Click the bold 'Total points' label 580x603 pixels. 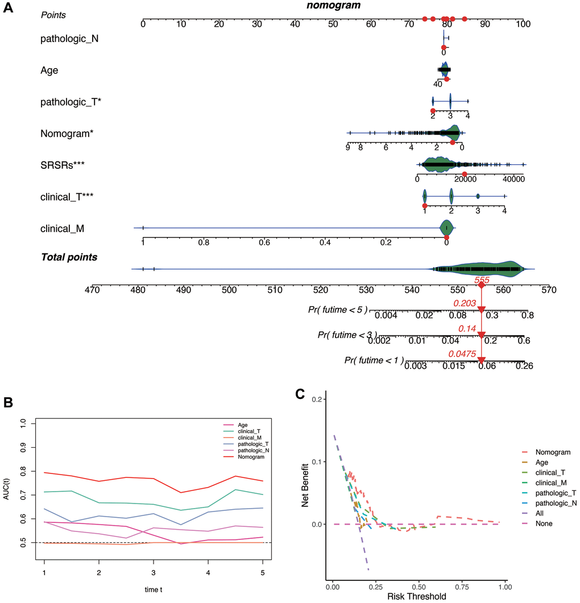[68, 257]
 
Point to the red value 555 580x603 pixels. [482, 280]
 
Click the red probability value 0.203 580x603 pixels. [464, 303]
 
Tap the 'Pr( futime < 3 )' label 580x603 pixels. [347, 335]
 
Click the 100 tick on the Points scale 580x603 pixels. [523, 24]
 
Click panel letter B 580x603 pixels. [8, 402]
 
